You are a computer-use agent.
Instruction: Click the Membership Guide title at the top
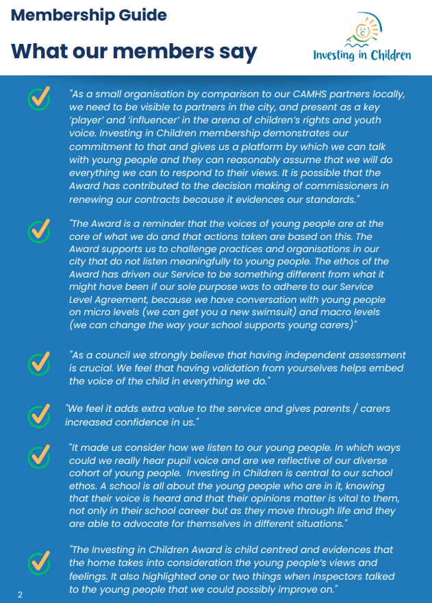coord(88,15)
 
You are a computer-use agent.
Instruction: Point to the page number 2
coord(20,594)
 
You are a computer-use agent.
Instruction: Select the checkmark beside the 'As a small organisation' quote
coord(39,98)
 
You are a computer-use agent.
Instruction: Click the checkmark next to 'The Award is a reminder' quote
coord(39,230)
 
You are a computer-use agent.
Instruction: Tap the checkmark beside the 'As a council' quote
coord(39,362)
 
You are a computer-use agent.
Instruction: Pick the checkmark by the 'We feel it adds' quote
coord(39,415)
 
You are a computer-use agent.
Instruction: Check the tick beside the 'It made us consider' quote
coord(39,454)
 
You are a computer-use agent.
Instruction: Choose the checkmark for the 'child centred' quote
coord(39,562)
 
